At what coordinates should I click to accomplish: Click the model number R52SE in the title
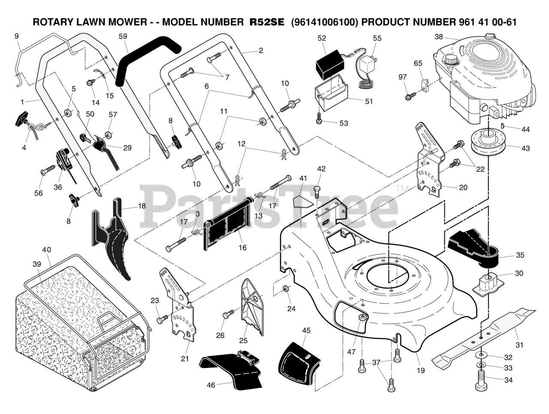click(267, 22)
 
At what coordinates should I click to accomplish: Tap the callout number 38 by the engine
click(438, 37)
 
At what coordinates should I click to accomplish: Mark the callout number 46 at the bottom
click(211, 385)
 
